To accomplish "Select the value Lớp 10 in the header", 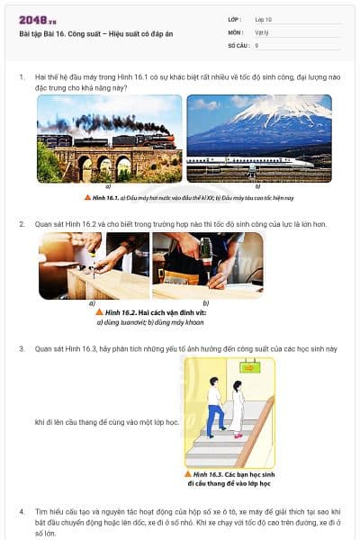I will (x=264, y=19).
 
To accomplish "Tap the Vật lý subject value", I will (x=261, y=31).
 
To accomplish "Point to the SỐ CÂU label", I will (x=237, y=44).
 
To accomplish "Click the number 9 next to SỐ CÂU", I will (x=256, y=44).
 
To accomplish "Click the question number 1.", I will (x=22, y=77).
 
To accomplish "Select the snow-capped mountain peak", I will (x=270, y=112).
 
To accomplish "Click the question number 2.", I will (x=22, y=222).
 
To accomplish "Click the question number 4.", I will (x=22, y=511).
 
